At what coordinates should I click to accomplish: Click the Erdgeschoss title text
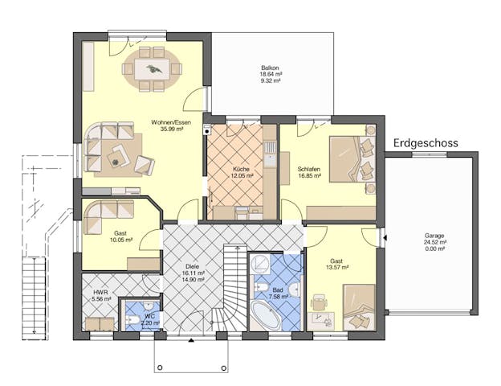pos(426,143)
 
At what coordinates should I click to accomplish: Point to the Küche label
pos(242,169)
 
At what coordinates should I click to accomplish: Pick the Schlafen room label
pos(309,169)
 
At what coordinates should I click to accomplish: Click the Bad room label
pos(278,289)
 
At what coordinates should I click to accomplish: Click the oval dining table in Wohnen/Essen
pos(152,68)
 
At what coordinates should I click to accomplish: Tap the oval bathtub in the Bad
pos(266,316)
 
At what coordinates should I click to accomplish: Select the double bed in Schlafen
pos(345,159)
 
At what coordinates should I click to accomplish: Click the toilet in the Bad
pos(262,287)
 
